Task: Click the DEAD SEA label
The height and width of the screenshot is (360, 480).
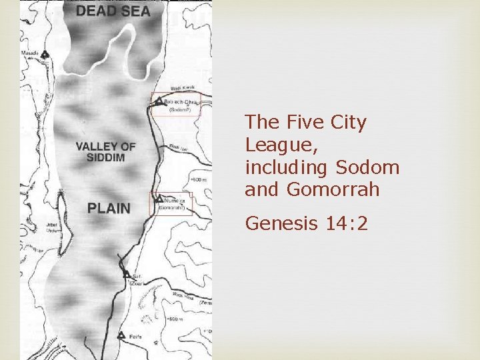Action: coord(113,11)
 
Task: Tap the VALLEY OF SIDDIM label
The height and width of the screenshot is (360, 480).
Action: coord(106,152)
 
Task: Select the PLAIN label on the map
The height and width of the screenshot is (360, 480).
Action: coord(109,208)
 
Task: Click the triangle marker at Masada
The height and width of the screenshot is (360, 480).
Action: coord(44,54)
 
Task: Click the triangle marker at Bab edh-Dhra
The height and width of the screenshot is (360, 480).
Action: coord(159,101)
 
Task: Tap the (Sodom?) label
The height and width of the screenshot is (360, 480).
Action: coord(177,110)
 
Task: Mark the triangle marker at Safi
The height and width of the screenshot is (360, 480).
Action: coord(126,274)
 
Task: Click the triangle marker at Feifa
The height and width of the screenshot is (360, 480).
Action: coord(121,335)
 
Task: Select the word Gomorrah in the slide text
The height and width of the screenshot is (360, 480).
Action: coord(333,189)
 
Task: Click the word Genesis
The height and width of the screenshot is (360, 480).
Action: coord(281,223)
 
